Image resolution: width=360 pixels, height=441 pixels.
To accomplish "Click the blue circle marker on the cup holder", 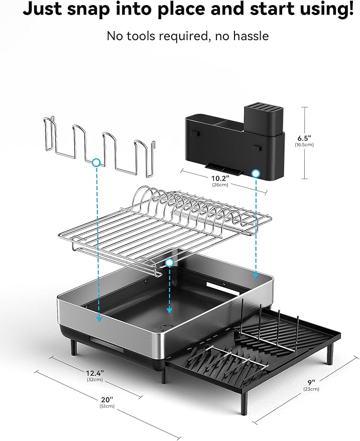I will [x=96, y=163].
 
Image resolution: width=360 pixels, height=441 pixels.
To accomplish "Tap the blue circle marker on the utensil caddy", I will [x=256, y=174].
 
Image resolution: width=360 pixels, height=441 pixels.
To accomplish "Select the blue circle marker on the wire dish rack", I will [x=169, y=262].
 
